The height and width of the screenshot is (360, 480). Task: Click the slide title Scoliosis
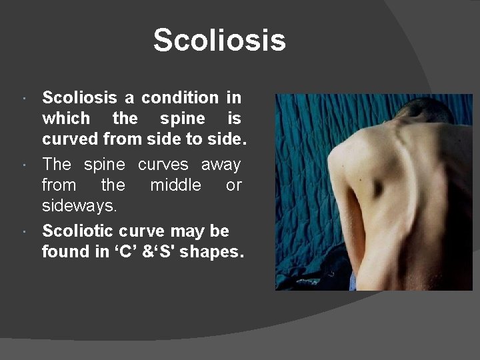[x=219, y=40]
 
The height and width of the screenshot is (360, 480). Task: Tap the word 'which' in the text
[x=65, y=119]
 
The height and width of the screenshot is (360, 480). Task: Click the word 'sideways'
[x=78, y=205]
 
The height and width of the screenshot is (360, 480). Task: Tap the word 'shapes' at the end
[x=211, y=253]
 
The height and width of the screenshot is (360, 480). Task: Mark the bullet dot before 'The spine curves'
[x=24, y=165]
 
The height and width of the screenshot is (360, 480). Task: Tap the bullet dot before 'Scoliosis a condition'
[x=24, y=99]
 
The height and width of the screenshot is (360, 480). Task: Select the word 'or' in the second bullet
[x=233, y=185]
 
